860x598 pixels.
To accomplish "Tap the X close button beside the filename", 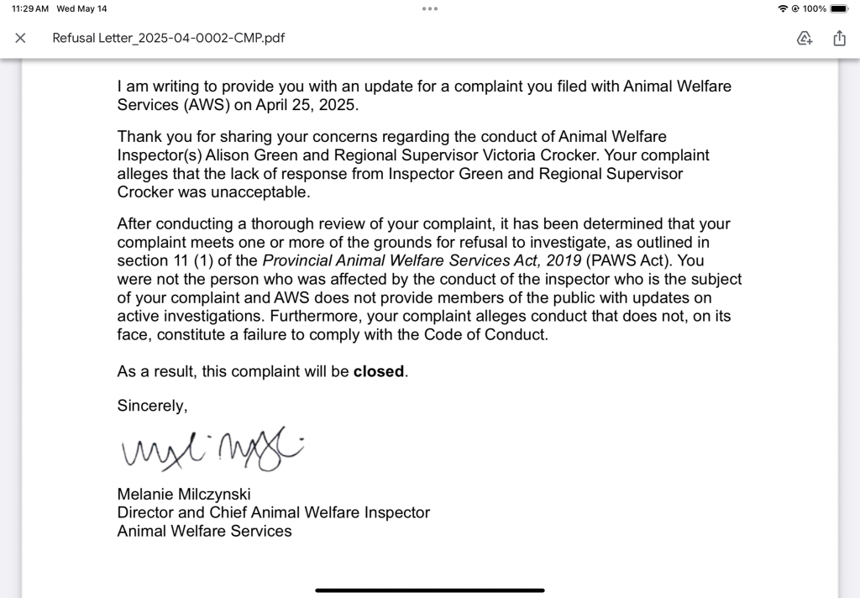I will pyautogui.click(x=21, y=38).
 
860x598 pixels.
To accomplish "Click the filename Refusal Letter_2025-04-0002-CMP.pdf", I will pyautogui.click(x=168, y=38).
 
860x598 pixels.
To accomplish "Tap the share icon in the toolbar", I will pyautogui.click(x=839, y=38).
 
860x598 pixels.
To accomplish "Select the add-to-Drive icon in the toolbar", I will pyautogui.click(x=805, y=38).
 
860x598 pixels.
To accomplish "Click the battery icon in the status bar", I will pyautogui.click(x=840, y=8).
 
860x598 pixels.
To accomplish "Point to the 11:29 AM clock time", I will pyautogui.click(x=29, y=8).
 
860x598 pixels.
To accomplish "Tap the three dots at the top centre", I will pyautogui.click(x=430, y=8).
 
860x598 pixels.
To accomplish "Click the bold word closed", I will pyautogui.click(x=379, y=371).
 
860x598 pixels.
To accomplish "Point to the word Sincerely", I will pyautogui.click(x=152, y=406).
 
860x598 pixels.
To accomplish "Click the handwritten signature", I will pyautogui.click(x=210, y=449).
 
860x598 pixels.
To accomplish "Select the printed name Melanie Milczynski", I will pyautogui.click(x=184, y=494).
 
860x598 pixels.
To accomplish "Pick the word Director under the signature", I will pyautogui.click(x=144, y=512).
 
